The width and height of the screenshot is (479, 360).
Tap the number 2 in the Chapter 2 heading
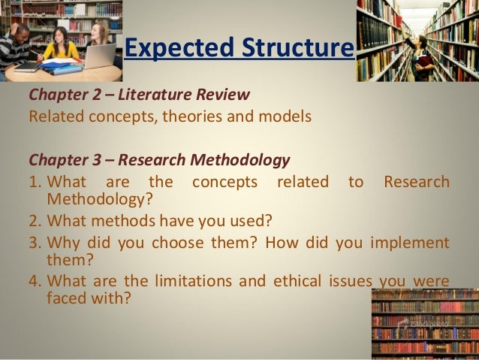click(x=96, y=96)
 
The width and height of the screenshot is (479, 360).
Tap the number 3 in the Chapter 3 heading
click(x=96, y=161)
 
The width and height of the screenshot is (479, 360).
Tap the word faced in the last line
click(x=65, y=297)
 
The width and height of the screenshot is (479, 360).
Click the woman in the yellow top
click(x=60, y=45)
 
